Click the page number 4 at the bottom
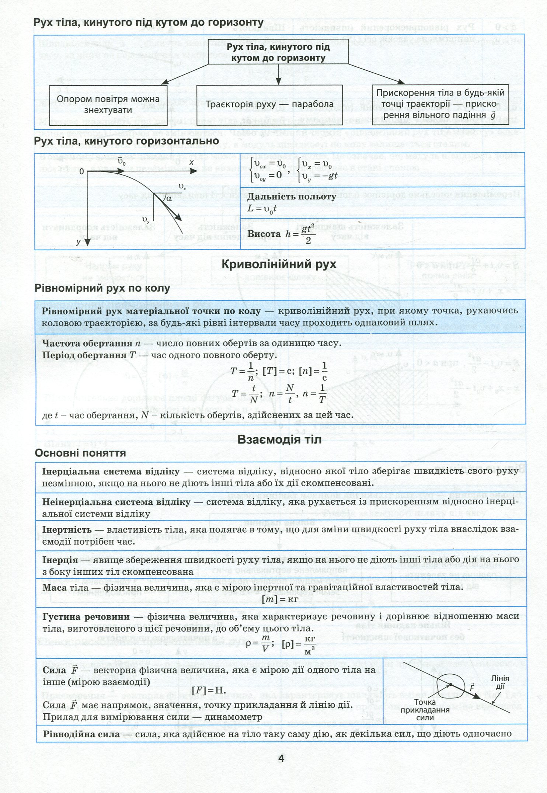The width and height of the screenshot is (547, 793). click(x=281, y=759)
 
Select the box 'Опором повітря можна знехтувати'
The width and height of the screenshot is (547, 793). click(x=108, y=105)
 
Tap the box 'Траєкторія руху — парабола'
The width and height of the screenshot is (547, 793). click(x=269, y=104)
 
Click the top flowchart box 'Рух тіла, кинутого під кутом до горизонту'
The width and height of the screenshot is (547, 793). click(x=278, y=53)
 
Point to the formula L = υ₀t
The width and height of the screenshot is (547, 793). click(x=262, y=209)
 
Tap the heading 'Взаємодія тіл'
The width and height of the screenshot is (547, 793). click(x=279, y=439)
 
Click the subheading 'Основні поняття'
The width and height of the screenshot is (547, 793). click(x=80, y=453)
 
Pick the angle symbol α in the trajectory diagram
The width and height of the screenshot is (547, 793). click(x=169, y=198)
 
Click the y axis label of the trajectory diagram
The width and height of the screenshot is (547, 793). click(x=79, y=242)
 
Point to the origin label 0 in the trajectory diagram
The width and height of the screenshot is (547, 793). click(x=82, y=172)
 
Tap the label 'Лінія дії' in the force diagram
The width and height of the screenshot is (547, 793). click(x=500, y=682)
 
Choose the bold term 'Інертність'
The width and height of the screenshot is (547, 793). click(x=67, y=530)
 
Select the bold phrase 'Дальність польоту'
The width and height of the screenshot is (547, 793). click(x=292, y=196)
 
